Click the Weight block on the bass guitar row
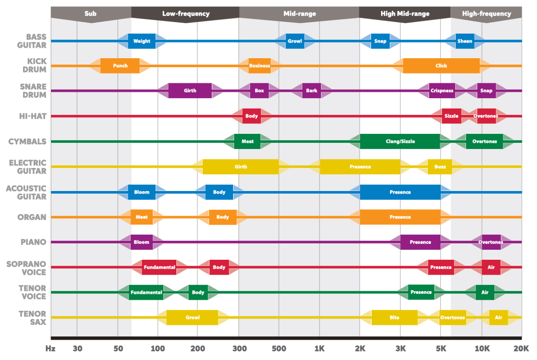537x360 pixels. [142, 41]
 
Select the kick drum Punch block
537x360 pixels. [120, 66]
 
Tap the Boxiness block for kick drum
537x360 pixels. [259, 66]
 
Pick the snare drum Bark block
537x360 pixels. [311, 91]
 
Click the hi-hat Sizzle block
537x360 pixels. [451, 116]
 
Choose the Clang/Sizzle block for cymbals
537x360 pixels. [400, 141]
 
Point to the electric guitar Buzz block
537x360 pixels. [440, 167]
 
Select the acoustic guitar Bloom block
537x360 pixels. [142, 192]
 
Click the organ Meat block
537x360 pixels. [141, 217]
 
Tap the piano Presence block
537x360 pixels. [420, 242]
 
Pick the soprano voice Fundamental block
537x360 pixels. [159, 267]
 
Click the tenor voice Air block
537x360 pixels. [485, 292]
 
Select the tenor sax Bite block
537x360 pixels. [394, 317]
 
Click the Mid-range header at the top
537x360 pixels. [299, 14]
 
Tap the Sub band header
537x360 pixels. [90, 14]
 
